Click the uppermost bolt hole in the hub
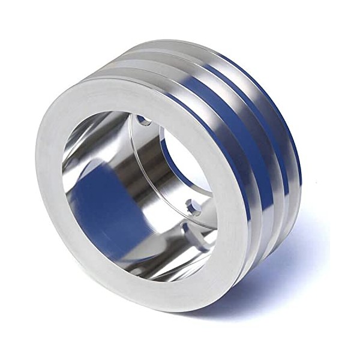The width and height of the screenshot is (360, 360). coord(145,121)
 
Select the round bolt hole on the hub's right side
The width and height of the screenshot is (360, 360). coord(193,207)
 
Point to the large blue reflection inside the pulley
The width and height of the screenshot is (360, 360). coord(102,198)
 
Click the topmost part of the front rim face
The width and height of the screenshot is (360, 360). coord(138,90)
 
